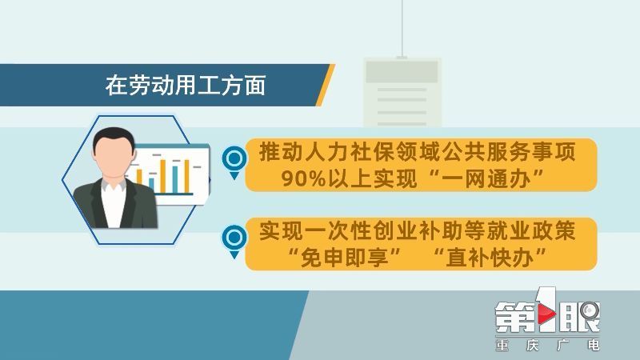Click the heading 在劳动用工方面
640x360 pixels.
tap(186, 86)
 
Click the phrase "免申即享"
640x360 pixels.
tap(345, 257)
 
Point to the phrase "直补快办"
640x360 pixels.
tap(490, 257)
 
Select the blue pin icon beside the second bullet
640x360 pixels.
tap(234, 242)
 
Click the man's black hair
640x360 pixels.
tap(114, 138)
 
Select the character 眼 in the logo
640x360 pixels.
tap(579, 317)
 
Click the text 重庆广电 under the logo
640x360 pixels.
tap(547, 346)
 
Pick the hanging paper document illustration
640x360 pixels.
tap(402, 92)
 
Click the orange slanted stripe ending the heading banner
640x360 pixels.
tap(326, 85)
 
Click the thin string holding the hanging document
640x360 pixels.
tap(402, 29)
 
